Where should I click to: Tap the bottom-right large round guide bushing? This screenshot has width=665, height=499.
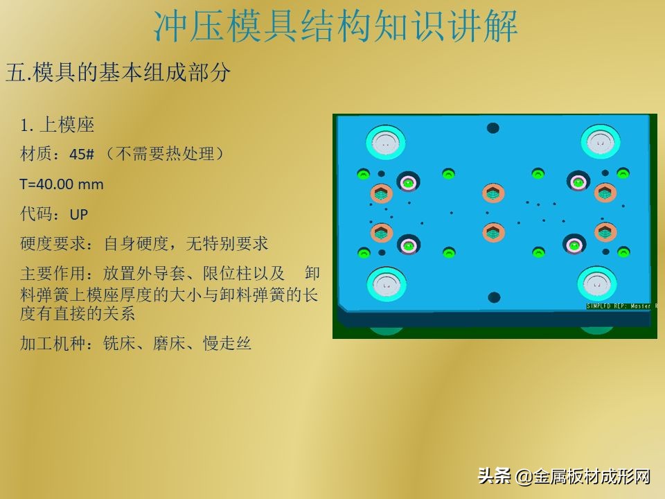click(598, 283)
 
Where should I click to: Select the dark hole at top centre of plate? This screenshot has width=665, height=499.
click(493, 128)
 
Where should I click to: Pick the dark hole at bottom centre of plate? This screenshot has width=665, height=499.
click(494, 297)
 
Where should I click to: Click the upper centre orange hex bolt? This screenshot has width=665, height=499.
click(492, 192)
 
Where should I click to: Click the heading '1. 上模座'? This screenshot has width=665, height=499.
click(57, 125)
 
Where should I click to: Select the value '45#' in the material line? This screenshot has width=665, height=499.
click(82, 155)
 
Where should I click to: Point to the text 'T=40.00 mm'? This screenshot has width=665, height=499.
click(62, 184)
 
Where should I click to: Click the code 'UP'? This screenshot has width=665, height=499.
click(79, 214)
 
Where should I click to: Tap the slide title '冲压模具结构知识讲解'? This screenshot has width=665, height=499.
click(335, 26)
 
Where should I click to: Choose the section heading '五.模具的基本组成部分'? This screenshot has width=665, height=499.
click(118, 73)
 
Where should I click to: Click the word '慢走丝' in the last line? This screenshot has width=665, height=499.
click(227, 343)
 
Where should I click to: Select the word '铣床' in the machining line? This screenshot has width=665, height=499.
click(120, 343)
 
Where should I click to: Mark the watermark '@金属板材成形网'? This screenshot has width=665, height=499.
click(583, 476)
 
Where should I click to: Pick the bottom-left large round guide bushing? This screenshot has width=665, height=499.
click(385, 283)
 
